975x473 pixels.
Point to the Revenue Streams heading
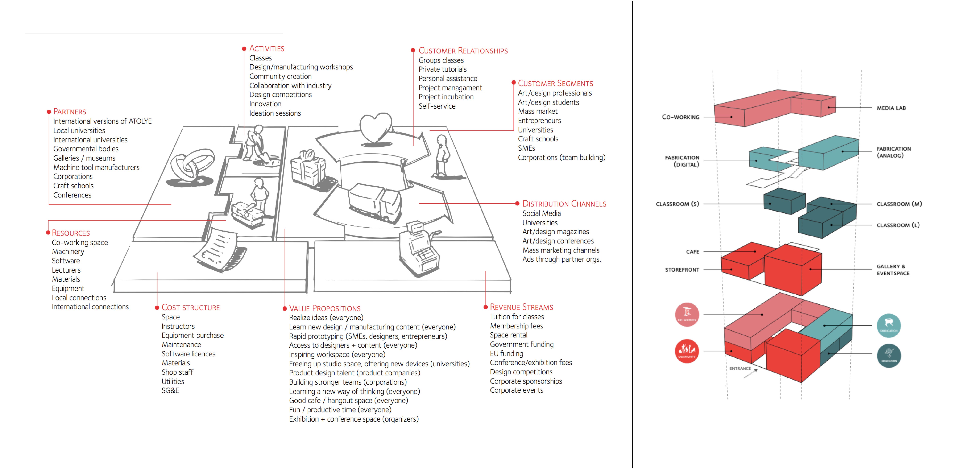[x=521, y=307]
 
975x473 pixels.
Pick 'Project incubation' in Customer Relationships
[x=446, y=97]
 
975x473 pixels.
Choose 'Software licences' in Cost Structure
[x=188, y=354]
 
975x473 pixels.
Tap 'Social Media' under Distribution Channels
[x=541, y=213]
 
